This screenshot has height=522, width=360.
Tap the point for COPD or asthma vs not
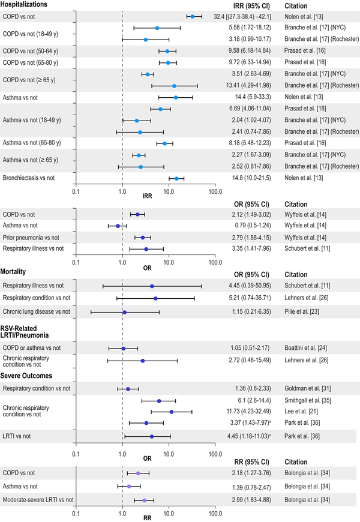(x=124, y=348)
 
